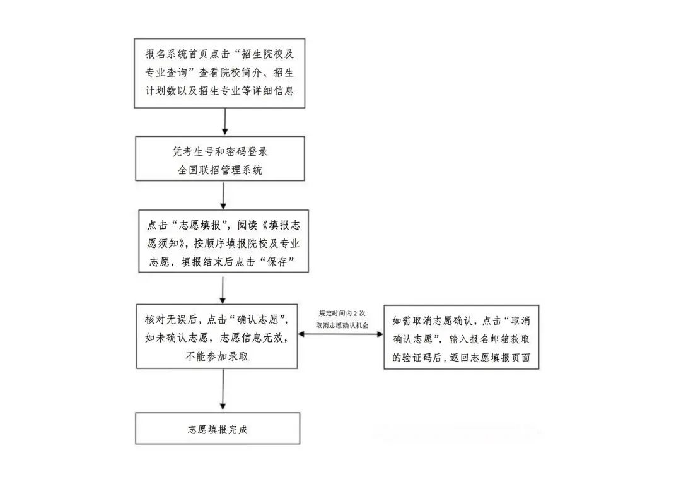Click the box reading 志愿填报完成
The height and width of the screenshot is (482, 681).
click(218, 428)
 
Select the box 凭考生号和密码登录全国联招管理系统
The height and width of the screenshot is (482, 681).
click(220, 158)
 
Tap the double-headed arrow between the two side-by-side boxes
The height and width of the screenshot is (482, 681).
click(340, 334)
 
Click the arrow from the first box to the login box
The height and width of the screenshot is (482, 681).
click(225, 121)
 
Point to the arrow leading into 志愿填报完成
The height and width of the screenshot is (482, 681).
click(223, 389)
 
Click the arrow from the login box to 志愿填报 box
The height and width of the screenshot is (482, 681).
click(223, 196)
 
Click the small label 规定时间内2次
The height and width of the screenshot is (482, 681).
click(342, 314)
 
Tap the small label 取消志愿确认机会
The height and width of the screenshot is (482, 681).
click(342, 325)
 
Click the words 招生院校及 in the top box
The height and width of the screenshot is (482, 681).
click(267, 54)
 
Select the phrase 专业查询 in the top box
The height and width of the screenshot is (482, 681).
click(166, 72)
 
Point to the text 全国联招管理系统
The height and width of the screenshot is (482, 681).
click(220, 170)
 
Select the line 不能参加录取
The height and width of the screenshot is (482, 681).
click(217, 356)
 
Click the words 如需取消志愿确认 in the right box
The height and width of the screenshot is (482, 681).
click(432, 320)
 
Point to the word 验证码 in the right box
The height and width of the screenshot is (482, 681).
click(417, 357)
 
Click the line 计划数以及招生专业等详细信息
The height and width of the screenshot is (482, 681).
click(220, 90)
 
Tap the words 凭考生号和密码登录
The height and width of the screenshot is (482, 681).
click(220, 151)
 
